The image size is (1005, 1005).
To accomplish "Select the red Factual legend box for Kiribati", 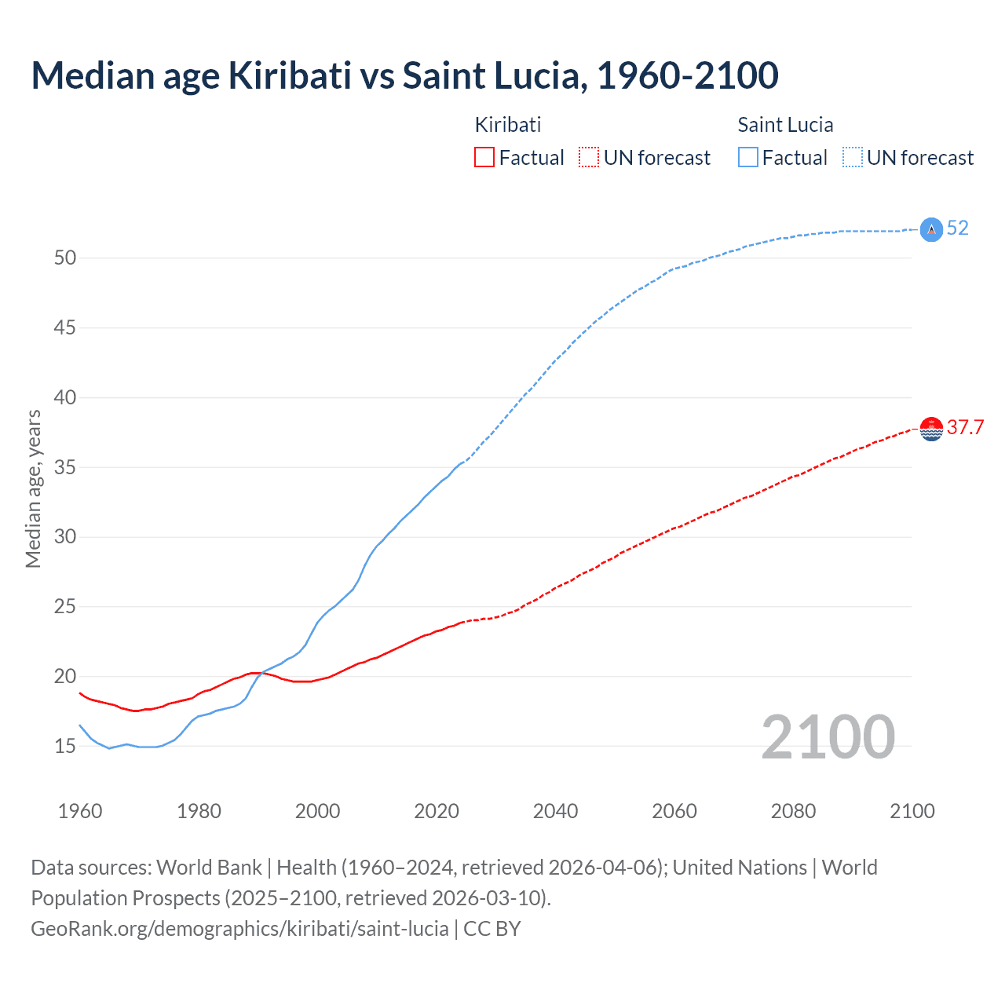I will pyautogui.click(x=484, y=158).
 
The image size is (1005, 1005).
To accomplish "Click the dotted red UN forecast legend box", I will pyautogui.click(x=589, y=158).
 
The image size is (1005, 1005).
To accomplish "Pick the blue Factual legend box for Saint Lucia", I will pyautogui.click(x=748, y=158).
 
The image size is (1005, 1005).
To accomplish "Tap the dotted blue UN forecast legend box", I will pyautogui.click(x=853, y=158).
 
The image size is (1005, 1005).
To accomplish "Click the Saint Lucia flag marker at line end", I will pyautogui.click(x=931, y=229).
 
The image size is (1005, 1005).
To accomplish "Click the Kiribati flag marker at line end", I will pyautogui.click(x=931, y=429).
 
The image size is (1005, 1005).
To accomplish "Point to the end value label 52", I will pyautogui.click(x=958, y=228).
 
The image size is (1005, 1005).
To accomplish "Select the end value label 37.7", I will pyautogui.click(x=965, y=428).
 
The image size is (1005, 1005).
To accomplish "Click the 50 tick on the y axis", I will pyautogui.click(x=64, y=258).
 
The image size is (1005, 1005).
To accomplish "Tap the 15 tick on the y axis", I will pyautogui.click(x=64, y=746).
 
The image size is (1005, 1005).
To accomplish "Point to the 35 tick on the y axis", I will pyautogui.click(x=64, y=467).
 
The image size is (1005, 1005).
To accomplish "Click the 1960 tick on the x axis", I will pyautogui.click(x=80, y=811).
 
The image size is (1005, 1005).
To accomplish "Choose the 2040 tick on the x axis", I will pyautogui.click(x=555, y=811).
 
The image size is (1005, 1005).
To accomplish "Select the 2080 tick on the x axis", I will pyautogui.click(x=793, y=811).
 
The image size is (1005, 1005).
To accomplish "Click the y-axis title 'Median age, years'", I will pyautogui.click(x=33, y=488).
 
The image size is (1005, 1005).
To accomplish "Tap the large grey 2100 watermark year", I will pyautogui.click(x=828, y=737).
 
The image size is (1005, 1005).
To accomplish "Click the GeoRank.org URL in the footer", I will pyautogui.click(x=239, y=929).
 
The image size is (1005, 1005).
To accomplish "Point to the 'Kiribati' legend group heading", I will pyautogui.click(x=508, y=125).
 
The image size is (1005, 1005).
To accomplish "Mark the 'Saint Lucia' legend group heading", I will pyautogui.click(x=785, y=125).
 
